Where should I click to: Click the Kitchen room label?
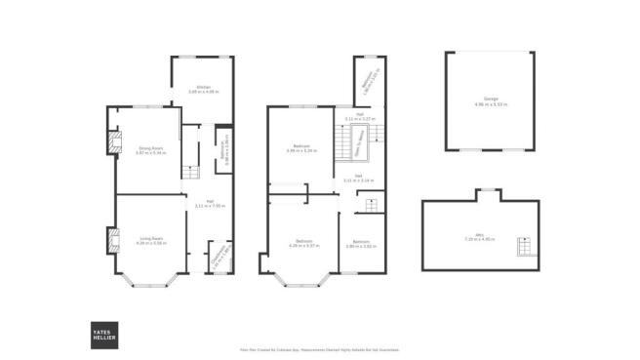[204, 88]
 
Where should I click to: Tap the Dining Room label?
[147, 152]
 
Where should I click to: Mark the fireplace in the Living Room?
[113, 239]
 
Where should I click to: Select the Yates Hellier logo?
[102, 333]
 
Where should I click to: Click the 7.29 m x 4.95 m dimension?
[481, 240]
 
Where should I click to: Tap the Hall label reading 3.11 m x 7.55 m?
[210, 207]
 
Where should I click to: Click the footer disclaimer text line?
[319, 349]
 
